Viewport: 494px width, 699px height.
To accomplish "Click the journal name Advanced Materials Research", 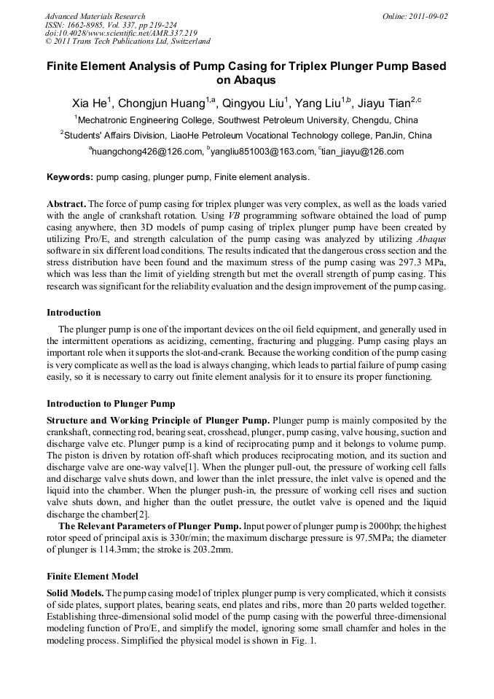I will click(95, 16).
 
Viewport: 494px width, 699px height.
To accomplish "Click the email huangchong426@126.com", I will click(146, 152).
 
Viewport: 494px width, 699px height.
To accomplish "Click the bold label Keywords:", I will click(70, 177).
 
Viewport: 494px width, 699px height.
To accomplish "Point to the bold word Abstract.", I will click(66, 203).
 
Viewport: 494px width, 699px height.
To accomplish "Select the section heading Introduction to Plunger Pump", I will click(111, 403).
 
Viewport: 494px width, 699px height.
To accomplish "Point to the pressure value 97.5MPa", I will click(380, 537).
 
